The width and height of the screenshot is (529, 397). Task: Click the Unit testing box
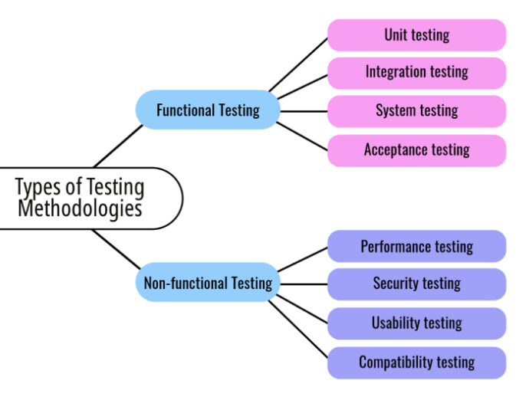[417, 35]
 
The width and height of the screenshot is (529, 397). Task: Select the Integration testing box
[417, 73]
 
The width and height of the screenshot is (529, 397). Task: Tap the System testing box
[417, 111]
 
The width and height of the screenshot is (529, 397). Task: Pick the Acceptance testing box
[417, 150]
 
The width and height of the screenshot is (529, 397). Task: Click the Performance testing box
[417, 247]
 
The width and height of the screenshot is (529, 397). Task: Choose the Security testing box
[417, 284]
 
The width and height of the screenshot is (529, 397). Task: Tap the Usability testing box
[417, 323]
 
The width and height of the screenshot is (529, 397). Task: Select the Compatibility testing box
[417, 362]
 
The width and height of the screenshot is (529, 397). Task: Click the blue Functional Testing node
[208, 110]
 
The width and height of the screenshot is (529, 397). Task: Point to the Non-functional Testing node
[208, 284]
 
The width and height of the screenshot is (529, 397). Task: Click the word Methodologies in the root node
[80, 208]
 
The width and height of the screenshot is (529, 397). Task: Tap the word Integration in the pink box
[393, 73]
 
